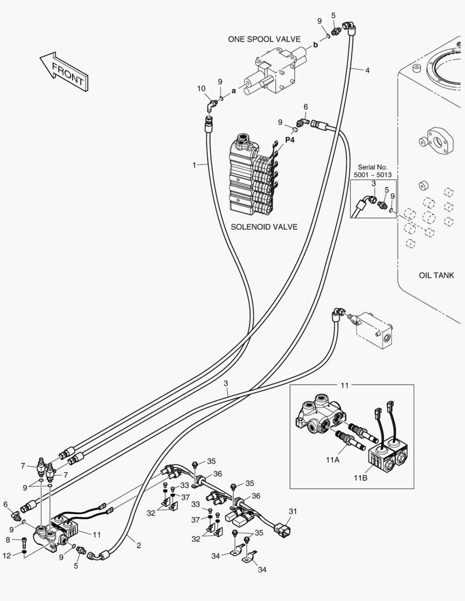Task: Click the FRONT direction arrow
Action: point(63,70)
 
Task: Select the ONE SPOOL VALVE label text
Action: point(264,39)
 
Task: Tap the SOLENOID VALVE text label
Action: point(264,226)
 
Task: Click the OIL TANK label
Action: point(436,275)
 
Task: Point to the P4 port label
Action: point(290,140)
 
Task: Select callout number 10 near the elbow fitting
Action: point(202,88)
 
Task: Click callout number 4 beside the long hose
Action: point(368,70)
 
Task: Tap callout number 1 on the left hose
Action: point(194,164)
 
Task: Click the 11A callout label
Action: point(333,460)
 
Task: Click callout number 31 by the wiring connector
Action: point(293,511)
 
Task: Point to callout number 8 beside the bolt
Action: point(8,539)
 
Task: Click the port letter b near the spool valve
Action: point(316,45)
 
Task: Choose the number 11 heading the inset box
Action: point(344,385)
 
